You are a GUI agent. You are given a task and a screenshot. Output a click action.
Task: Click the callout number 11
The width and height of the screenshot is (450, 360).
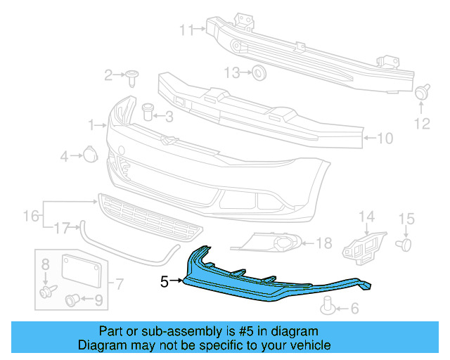186,30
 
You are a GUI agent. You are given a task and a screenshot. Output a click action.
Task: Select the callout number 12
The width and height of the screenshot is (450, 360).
421,124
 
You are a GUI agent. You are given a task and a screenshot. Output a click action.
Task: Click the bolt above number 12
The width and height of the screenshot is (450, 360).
423,91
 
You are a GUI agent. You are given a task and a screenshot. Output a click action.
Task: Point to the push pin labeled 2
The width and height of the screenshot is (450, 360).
132,75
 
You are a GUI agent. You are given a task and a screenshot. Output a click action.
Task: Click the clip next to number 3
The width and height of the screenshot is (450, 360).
148,110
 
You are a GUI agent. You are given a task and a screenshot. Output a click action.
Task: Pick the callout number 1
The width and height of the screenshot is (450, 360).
92,125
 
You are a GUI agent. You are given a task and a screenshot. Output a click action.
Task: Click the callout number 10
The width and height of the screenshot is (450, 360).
386,139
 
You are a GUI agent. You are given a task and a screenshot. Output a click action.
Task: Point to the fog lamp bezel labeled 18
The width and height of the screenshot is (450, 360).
276,244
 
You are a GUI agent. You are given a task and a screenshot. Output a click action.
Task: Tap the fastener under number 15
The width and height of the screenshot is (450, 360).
404,243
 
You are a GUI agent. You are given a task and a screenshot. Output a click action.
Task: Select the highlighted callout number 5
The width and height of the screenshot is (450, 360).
165,282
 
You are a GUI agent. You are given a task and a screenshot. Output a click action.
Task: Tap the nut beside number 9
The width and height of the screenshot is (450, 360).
72,301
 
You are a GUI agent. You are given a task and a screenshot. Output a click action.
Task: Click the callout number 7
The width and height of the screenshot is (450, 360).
120,285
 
